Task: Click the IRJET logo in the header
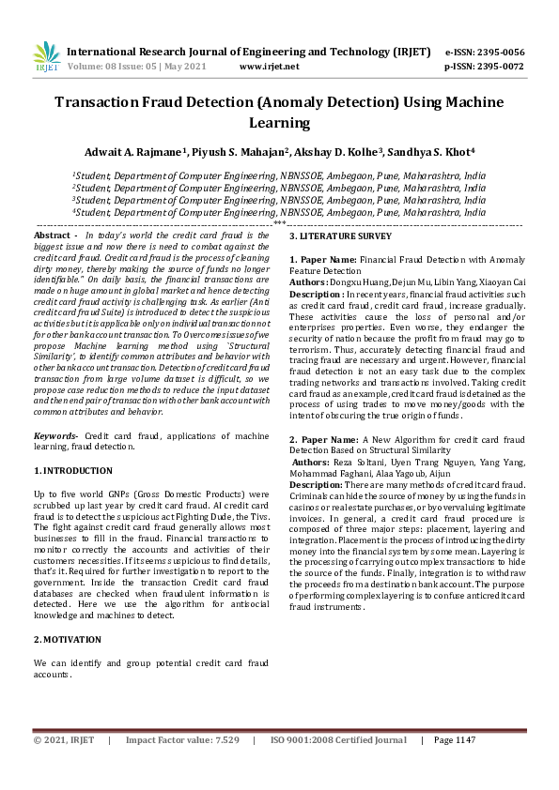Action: (x=46, y=58)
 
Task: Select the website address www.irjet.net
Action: (x=270, y=67)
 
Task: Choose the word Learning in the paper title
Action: (x=279, y=122)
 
